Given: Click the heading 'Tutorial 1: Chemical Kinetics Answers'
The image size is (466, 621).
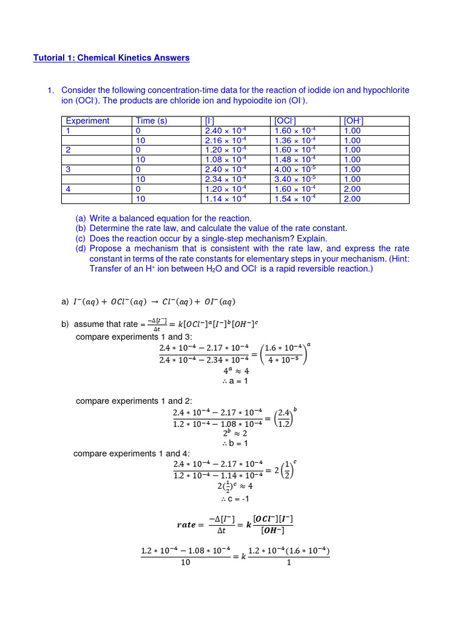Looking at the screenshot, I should pos(111,58).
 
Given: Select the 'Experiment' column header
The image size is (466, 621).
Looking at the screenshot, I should pos(87,121).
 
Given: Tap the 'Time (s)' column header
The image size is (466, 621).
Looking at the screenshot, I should pos(152,121).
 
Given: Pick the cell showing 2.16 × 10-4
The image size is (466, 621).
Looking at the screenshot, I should pos(226,140).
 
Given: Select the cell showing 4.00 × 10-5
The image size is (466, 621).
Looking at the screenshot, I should pos(295,169).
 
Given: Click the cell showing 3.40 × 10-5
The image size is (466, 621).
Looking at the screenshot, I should pos(295,179).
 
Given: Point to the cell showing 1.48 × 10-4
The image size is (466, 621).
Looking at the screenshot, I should pos(295,159).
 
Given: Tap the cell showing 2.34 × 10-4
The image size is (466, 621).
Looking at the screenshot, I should pos(226,179).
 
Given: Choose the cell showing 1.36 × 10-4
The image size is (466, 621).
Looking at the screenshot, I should pos(295,140).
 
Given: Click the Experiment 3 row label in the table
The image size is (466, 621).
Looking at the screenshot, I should pos(69,169).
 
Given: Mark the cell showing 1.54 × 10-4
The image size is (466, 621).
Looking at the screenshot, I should pos(295,198).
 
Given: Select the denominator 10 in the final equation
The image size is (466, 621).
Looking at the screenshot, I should pos(186,562).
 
